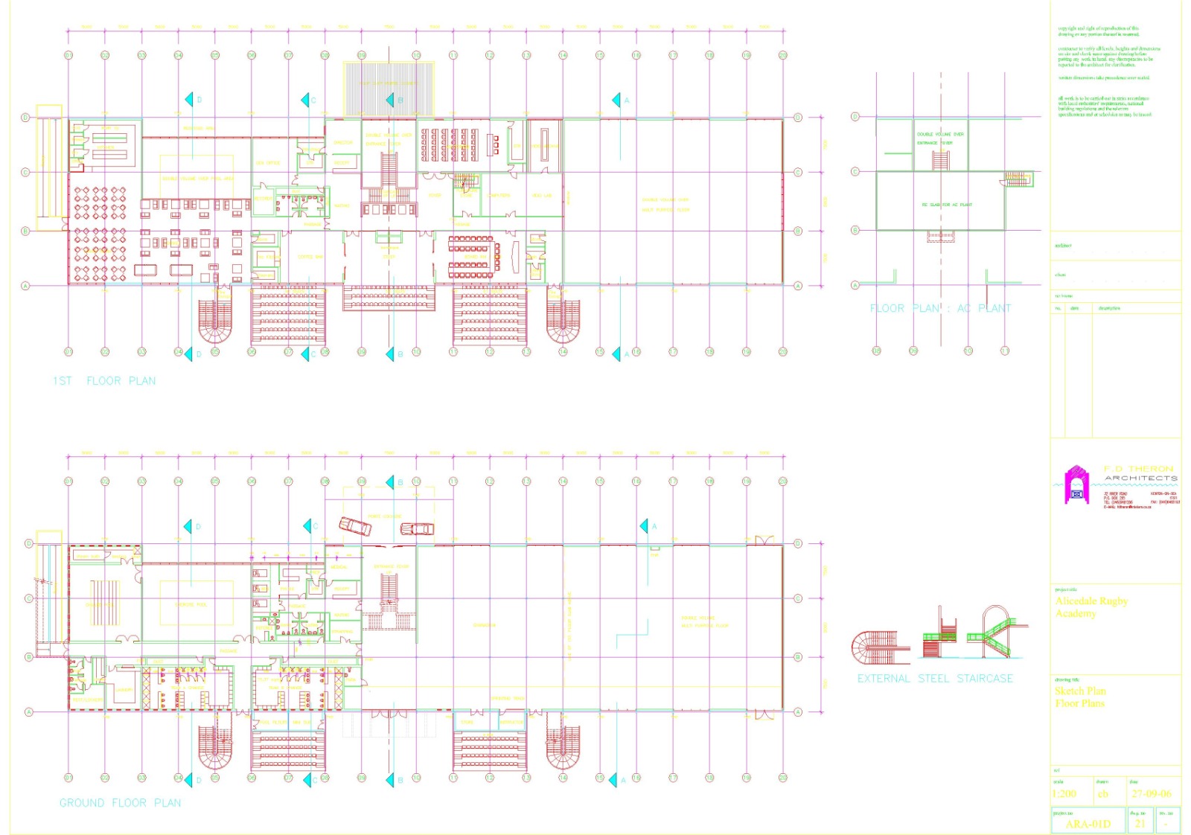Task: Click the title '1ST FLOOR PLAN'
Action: click(x=104, y=381)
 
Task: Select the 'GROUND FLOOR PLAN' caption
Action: click(x=120, y=803)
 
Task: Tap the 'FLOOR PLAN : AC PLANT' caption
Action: click(x=940, y=308)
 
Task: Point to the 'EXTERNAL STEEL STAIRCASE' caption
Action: click(x=935, y=679)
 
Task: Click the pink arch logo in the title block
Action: click(x=1076, y=484)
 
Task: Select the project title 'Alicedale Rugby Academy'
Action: click(x=1091, y=607)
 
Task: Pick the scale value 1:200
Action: click(x=1064, y=794)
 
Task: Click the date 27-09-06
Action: click(x=1152, y=794)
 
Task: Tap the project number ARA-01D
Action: click(x=1088, y=824)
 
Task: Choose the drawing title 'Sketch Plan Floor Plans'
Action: click(x=1080, y=697)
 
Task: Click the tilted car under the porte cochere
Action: click(x=355, y=526)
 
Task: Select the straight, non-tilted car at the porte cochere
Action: click(x=417, y=529)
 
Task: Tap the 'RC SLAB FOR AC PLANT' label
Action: click(x=947, y=205)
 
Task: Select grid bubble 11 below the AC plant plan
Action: click(x=1005, y=351)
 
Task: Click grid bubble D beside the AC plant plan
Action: click(x=855, y=117)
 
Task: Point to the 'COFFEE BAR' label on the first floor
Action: click(x=310, y=257)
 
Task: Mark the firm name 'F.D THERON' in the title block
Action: click(x=1138, y=469)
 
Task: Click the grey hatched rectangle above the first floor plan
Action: click(x=389, y=89)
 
